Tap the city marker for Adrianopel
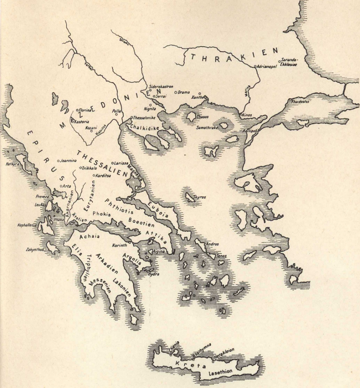tap(255, 66)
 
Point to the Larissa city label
tap(121, 162)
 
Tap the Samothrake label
tap(206, 128)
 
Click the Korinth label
tap(120, 246)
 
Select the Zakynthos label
tap(35, 249)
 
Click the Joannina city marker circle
tap(59, 161)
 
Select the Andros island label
tap(212, 244)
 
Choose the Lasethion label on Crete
tap(220, 371)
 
